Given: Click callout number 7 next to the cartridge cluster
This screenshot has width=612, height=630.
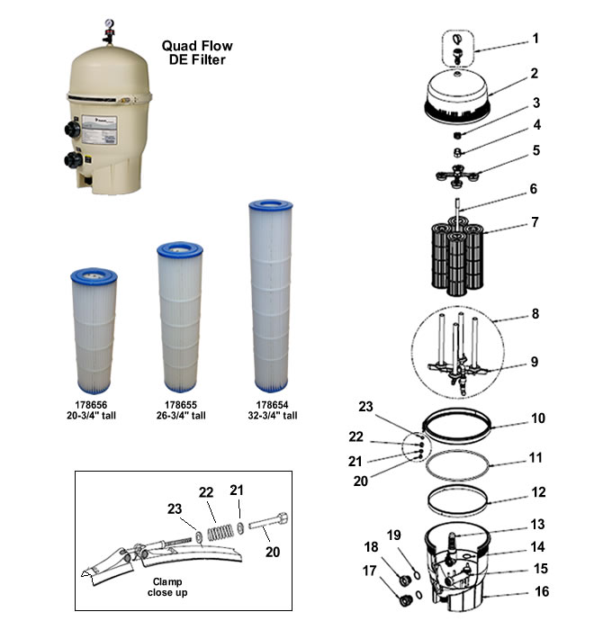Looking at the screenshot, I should [560, 221].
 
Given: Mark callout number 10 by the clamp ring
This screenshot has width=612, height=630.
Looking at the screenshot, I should [562, 418].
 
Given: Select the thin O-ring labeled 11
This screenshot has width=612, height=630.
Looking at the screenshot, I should [458, 467].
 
